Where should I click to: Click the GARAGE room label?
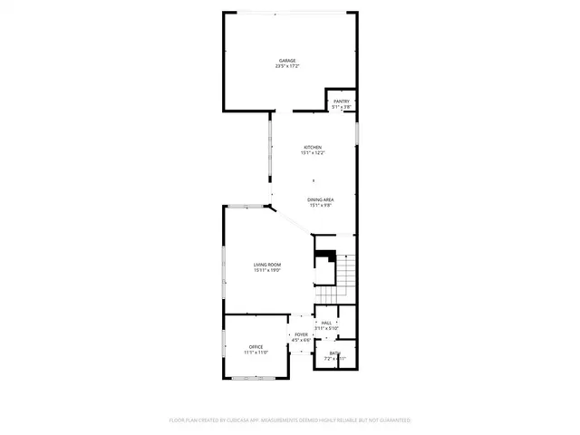(287, 61)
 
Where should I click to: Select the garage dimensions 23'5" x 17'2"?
(287, 66)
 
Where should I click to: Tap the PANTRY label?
(341, 101)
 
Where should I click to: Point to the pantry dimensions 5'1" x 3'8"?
(341, 107)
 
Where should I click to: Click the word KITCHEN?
(313, 147)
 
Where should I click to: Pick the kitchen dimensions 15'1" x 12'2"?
(313, 152)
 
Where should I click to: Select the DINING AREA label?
(321, 199)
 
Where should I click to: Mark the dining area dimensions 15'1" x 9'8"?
(321, 205)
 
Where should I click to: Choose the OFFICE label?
(256, 347)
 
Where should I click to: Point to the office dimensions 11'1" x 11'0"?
(256, 353)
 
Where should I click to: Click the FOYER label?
(301, 334)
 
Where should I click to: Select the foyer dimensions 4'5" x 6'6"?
(301, 340)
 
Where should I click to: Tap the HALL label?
(326, 323)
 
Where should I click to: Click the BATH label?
(335, 353)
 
